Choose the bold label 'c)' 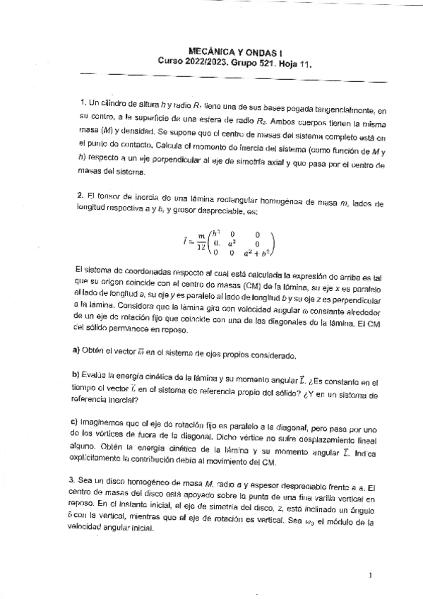click(x=77, y=423)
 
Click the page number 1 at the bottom click(x=370, y=576)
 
